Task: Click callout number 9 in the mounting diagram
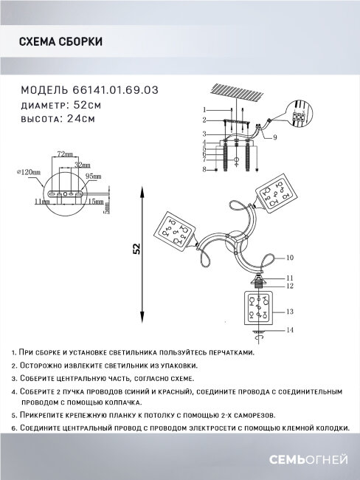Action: click(274, 138)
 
